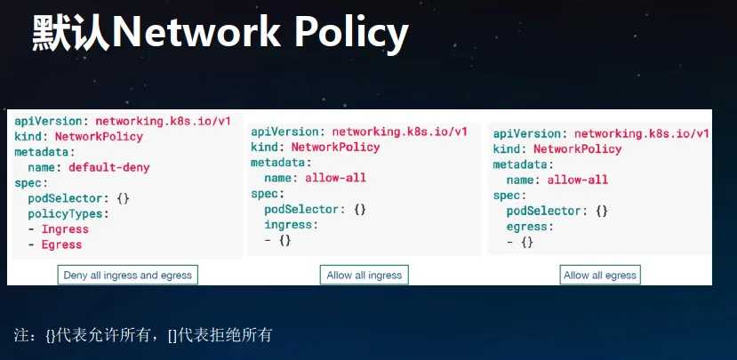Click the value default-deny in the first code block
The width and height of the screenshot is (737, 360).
click(109, 167)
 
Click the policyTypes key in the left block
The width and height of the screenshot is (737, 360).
click(65, 214)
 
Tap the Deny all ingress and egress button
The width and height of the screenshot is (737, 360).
click(128, 275)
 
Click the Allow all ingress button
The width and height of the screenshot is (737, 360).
click(364, 275)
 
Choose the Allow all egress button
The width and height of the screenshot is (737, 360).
click(600, 275)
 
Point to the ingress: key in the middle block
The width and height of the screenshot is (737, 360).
click(291, 225)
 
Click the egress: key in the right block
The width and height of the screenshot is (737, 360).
click(530, 227)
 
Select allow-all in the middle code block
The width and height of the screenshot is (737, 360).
click(335, 178)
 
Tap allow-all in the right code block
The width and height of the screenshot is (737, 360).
click(578, 180)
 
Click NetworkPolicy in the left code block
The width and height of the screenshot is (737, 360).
click(100, 137)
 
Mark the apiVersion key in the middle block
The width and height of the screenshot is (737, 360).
click(284, 132)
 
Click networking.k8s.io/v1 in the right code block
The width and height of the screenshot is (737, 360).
click(642, 134)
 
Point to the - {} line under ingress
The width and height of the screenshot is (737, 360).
click(277, 241)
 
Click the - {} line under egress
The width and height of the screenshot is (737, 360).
click(520, 243)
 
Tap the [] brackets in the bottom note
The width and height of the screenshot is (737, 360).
click(172, 336)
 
